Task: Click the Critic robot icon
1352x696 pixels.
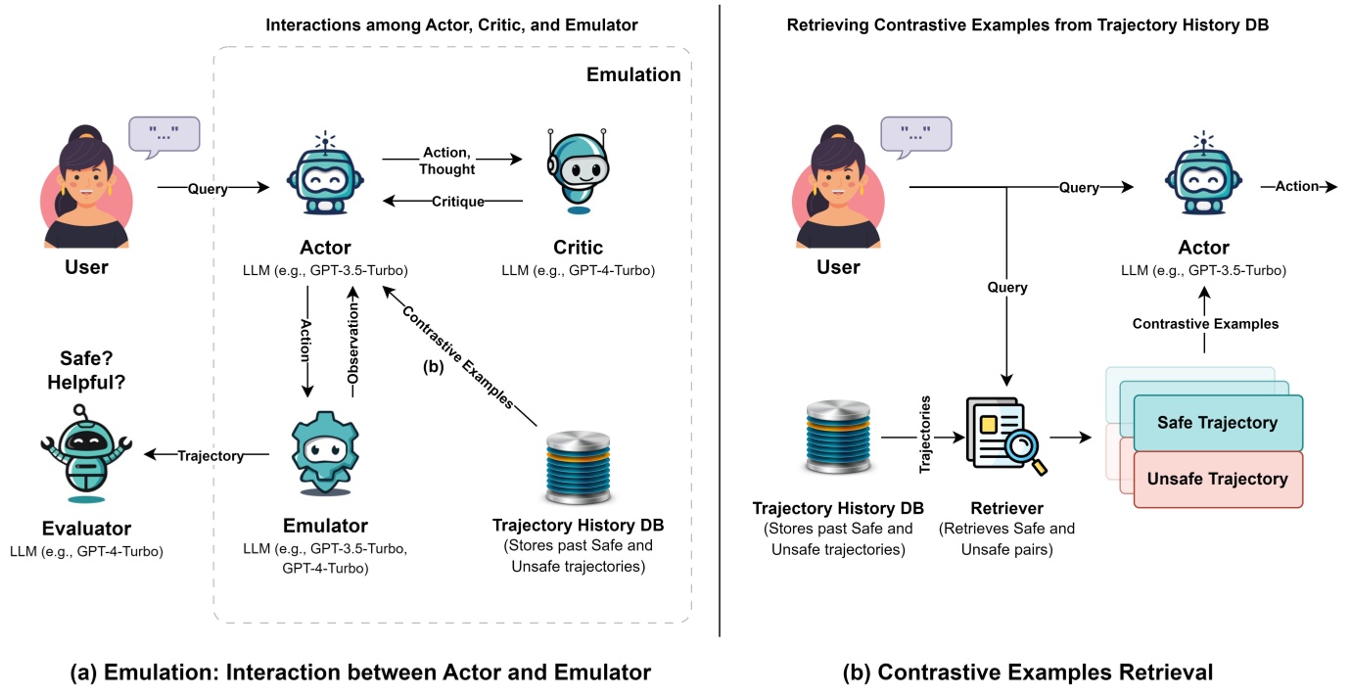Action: pos(579,172)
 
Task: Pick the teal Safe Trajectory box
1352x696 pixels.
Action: pos(1218,422)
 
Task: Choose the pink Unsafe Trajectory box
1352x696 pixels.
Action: pos(1218,479)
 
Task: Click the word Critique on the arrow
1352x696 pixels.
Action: pos(458,202)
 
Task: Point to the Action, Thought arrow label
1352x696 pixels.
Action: pos(449,161)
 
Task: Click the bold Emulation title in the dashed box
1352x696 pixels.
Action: pos(632,74)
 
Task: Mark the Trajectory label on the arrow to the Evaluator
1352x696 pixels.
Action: pos(210,454)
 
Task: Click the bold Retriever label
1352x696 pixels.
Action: pos(1006,508)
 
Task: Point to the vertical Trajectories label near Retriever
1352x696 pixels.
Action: pos(925,435)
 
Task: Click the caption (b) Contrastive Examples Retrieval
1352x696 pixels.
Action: pos(1027,673)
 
